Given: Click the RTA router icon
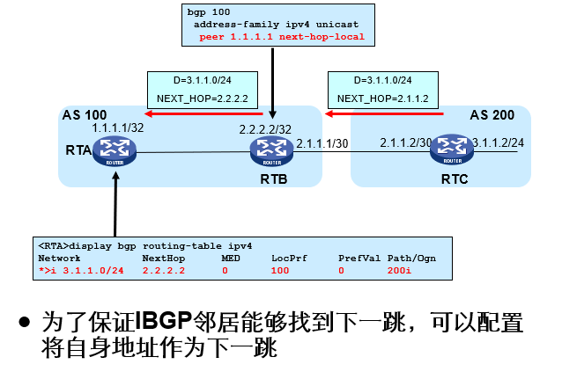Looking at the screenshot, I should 115,152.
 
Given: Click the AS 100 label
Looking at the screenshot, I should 84,116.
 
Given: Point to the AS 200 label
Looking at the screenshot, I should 492,115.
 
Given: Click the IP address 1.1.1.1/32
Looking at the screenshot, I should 117,128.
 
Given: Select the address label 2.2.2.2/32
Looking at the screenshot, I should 266,129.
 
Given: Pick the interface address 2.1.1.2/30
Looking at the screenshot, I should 405,142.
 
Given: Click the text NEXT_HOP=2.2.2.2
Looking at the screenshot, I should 196,98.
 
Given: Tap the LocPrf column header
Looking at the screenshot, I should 285,259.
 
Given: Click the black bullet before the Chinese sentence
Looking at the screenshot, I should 26,321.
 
